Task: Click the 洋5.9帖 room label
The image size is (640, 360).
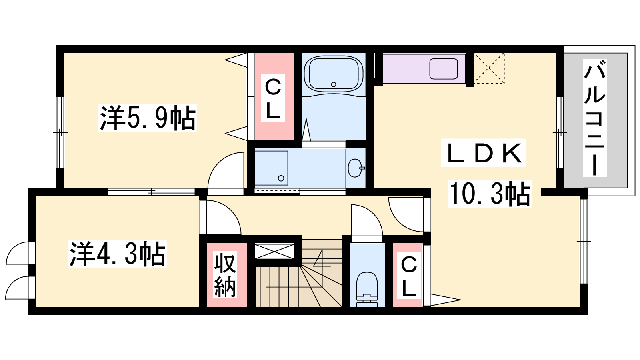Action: coord(148,118)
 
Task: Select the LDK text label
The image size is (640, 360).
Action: coord(483,153)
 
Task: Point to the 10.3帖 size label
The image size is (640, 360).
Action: coord(490,194)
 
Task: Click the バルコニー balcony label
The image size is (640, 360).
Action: coord(594,118)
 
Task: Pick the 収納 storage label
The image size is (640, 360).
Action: coord(225,275)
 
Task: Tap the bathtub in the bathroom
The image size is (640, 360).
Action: coord(334,74)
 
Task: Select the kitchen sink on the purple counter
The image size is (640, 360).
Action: coord(444,68)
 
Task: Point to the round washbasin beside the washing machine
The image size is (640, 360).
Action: coord(355,168)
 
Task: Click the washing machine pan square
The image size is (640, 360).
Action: coord(271,168)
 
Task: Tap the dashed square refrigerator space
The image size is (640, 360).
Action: coord(489,68)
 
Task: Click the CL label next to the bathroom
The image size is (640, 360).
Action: coord(273,98)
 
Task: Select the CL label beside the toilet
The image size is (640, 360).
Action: coord(408,276)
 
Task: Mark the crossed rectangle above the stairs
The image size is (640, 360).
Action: coord(274,251)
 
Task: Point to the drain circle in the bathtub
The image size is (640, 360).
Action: coord(334,84)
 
